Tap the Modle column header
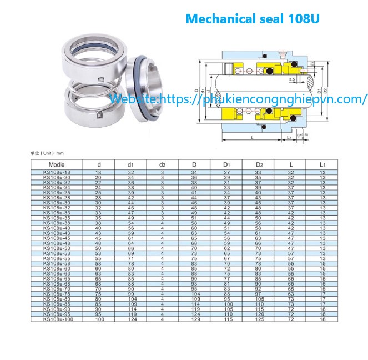tap(57, 164)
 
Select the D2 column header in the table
tap(258, 164)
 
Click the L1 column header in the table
tap(322, 164)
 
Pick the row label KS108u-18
tap(57, 173)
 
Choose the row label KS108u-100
tap(57, 321)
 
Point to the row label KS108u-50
tap(57, 248)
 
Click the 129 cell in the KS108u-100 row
tap(194, 321)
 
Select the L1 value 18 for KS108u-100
tap(322, 321)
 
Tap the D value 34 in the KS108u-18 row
tap(194, 173)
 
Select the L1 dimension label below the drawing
tap(289, 137)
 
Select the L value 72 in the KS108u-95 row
tap(290, 316)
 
